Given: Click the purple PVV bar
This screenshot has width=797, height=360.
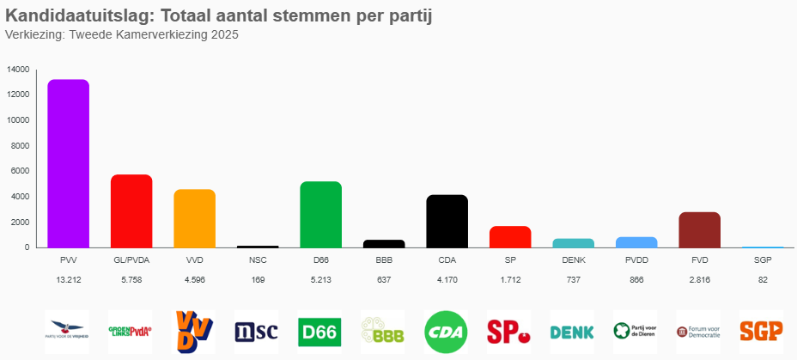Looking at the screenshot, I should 68,163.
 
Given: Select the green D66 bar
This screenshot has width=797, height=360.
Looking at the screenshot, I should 320,214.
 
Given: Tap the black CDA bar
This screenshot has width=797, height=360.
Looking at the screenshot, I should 447,221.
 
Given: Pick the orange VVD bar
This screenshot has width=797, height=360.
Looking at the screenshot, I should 194,218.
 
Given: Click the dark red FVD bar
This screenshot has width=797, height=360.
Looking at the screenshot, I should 699,229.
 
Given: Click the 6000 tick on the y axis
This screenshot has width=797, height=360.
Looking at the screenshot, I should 20,171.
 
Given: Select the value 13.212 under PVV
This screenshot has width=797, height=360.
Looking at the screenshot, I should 68,280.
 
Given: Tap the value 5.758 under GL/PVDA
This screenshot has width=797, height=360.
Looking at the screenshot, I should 131,280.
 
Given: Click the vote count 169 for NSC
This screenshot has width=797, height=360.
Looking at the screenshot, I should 258,280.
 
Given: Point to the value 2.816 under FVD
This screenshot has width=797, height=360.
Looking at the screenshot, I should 699,280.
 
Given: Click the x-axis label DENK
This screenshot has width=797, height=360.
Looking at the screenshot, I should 573,259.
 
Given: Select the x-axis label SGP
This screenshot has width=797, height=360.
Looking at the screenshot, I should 763,259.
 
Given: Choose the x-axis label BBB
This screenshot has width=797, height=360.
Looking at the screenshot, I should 384,259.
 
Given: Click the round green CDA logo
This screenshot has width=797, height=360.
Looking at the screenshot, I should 447,332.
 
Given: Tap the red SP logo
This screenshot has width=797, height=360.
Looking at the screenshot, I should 509,332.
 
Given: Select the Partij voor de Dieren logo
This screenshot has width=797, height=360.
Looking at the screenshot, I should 636,332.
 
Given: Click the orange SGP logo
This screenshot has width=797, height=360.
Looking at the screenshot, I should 762,332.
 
